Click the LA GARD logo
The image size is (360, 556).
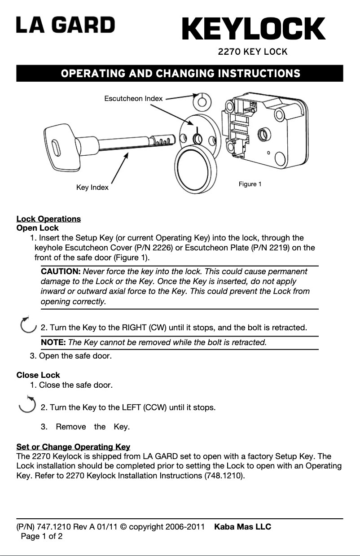click(66, 25)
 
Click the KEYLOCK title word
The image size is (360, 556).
click(254, 29)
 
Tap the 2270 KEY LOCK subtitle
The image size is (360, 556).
click(252, 52)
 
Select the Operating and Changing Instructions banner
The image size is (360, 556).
click(180, 73)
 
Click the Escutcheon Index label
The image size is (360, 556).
click(133, 98)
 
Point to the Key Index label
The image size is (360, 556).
click(92, 187)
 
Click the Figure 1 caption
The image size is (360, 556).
click(250, 184)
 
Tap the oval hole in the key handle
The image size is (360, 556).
click(55, 148)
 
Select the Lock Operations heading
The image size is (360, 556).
click(48, 219)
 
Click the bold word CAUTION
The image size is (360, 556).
click(61, 271)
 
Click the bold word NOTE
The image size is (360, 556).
click(53, 343)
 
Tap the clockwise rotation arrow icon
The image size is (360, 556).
click(28, 324)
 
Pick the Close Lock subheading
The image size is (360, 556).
click(38, 375)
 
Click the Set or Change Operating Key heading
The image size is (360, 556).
click(73, 447)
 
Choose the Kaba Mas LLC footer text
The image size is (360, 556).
click(242, 526)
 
